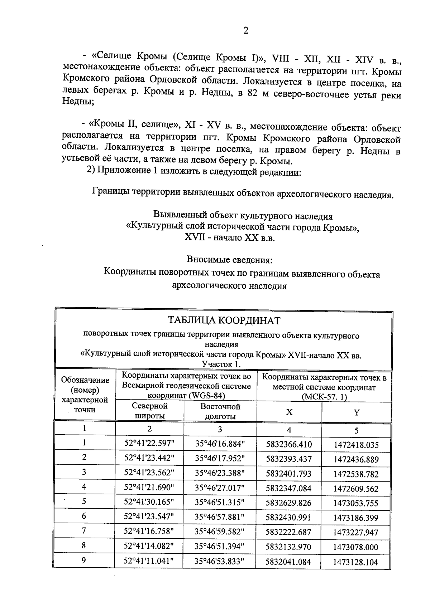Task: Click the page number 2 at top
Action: [x=245, y=31]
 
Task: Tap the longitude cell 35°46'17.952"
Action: [x=220, y=459]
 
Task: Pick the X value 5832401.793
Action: [x=289, y=474]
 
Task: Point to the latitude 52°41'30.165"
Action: [x=149, y=501]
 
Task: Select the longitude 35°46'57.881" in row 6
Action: [x=220, y=517]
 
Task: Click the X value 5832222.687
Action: [x=289, y=532]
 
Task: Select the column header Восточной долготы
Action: [x=220, y=411]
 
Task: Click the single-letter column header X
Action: [x=289, y=412]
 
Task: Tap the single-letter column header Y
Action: [x=356, y=412]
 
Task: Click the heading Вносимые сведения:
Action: [x=231, y=259]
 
